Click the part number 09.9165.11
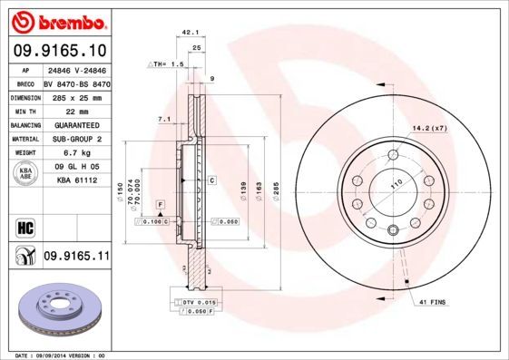pos(76,257)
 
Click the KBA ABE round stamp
pos(26,173)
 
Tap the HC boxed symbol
pos(25,227)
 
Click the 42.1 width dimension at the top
pos(191,32)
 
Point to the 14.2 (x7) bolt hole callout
pos(431,128)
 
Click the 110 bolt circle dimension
pos(396,184)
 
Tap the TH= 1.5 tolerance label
pos(167,66)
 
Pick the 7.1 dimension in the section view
pos(164,119)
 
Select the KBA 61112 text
pos(76,181)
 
